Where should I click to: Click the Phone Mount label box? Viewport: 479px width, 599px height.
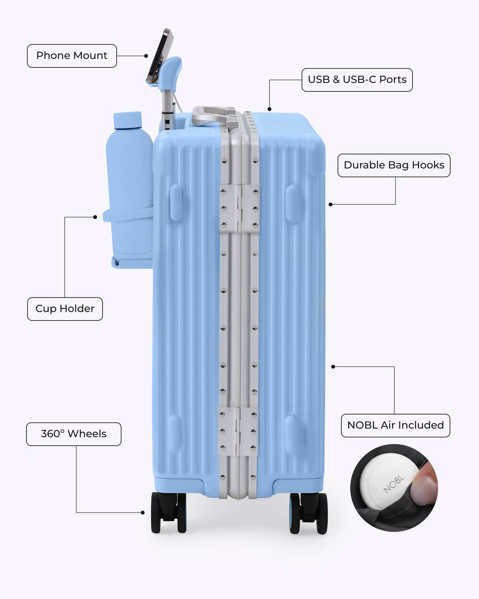72,56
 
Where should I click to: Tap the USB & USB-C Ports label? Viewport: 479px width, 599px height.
357,80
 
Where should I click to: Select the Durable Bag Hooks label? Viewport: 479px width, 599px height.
394,165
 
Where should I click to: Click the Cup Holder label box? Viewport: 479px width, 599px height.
65,309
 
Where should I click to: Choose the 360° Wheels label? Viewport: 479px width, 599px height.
74,434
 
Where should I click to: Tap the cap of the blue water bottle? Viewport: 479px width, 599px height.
128,120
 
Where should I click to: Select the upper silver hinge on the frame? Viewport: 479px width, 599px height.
239,208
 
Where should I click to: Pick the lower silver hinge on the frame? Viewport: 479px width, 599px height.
238,431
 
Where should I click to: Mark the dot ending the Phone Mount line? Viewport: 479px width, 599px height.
146,56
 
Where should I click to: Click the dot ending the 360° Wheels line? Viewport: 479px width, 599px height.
143,512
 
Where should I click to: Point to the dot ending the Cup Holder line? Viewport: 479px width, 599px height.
95,217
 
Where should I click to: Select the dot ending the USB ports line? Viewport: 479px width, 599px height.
269,109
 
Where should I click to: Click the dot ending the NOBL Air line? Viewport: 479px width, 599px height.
333,367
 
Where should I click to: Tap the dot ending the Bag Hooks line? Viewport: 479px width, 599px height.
331,204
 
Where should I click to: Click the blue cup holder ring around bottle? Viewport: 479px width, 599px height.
128,215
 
